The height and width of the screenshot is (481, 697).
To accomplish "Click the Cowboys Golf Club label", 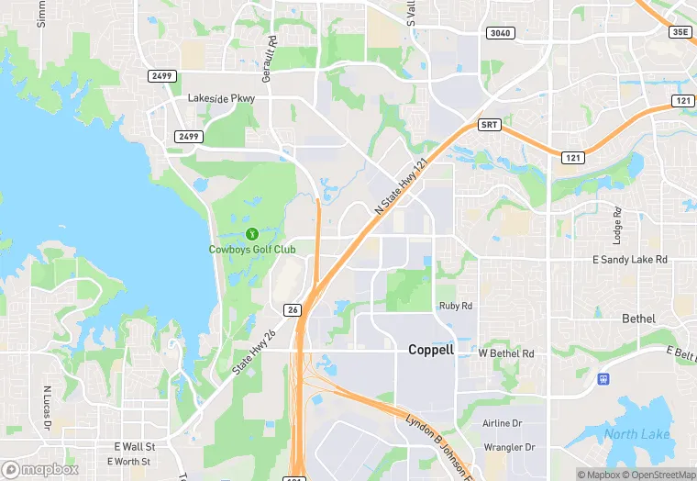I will coord(252,249).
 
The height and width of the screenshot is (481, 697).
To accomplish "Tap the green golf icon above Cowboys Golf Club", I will coord(252,233).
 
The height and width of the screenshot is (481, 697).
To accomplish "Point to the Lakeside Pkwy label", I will coord(221,98).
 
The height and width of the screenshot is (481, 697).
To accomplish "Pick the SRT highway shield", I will coord(490,125).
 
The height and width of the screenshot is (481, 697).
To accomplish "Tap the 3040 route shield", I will coord(501,33).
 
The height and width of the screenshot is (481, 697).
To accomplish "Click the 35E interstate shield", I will coord(680,31).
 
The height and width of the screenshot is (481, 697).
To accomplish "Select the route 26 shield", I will coord(293,310).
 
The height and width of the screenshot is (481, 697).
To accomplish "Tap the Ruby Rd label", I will coord(455,306).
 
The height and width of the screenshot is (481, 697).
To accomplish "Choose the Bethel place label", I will coord(638,319).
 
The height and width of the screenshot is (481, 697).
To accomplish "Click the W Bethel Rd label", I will coord(506,353).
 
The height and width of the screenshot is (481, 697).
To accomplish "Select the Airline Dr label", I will coord(502,423).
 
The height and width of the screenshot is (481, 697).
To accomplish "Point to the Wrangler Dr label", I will coord(508,448).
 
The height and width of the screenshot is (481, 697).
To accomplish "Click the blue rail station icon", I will coord(603,378).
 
